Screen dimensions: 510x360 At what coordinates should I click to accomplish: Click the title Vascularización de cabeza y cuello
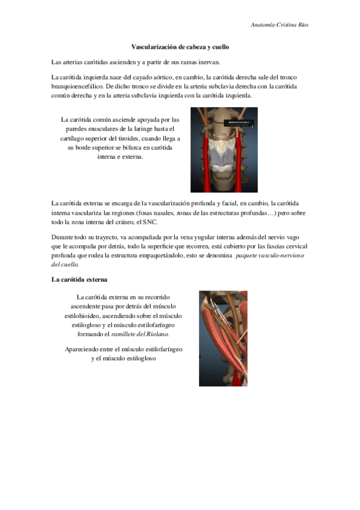pyautogui.click(x=180, y=46)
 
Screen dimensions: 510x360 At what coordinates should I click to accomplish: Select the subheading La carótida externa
pyautogui.click(x=79, y=280)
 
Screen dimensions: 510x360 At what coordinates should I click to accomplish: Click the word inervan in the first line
pyautogui.click(x=210, y=62)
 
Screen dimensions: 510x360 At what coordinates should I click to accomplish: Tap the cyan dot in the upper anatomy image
pyautogui.click(x=204, y=129)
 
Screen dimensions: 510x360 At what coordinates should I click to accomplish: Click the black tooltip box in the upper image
pyautogui.click(x=238, y=123)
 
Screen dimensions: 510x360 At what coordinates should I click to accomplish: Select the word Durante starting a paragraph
pyautogui.click(x=64, y=238)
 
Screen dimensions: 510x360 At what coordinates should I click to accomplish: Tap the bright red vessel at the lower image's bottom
pyautogui.click(x=240, y=379)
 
